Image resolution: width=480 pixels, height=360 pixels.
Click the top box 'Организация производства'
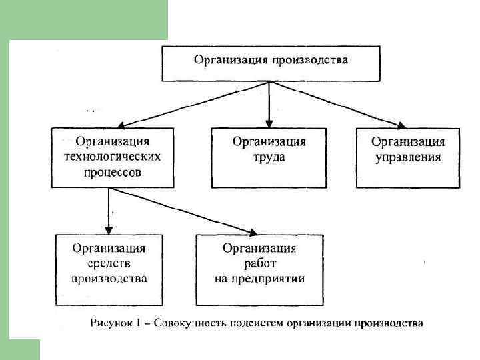pyautogui.click(x=270, y=61)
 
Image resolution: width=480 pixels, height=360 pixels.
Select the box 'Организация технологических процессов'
pyautogui.click(x=112, y=157)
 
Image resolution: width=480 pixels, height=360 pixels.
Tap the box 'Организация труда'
pyautogui.click(x=269, y=157)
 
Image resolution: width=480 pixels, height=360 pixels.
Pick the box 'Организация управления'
pyautogui.click(x=407, y=157)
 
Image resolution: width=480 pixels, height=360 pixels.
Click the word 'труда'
pyautogui.click(x=269, y=157)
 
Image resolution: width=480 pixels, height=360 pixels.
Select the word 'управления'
pyautogui.click(x=407, y=157)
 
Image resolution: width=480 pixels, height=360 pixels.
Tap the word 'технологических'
pyautogui.click(x=112, y=157)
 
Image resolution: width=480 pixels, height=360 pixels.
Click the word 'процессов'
pyautogui.click(x=112, y=172)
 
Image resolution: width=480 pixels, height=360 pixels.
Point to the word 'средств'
pyautogui.click(x=110, y=264)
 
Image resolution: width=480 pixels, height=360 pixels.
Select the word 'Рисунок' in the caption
pyautogui.click(x=110, y=324)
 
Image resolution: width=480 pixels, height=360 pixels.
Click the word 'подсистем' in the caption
pyautogui.click(x=248, y=324)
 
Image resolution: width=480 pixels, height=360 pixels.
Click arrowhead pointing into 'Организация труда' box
pyautogui.click(x=269, y=123)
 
